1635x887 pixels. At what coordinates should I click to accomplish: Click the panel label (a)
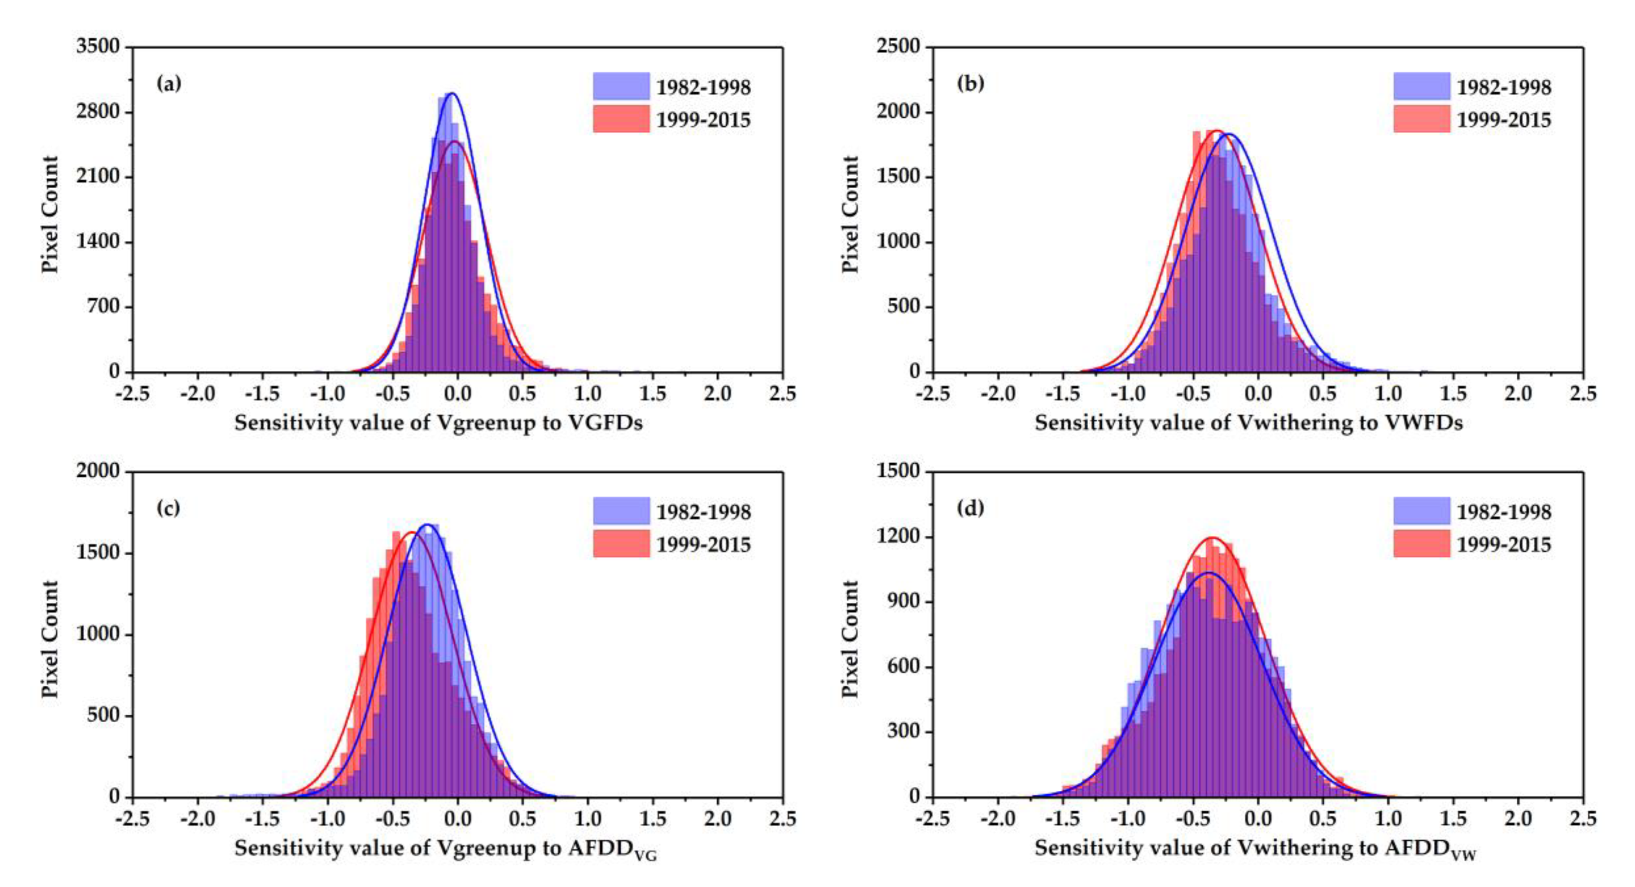[x=169, y=83]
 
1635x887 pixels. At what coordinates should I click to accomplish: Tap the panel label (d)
[x=970, y=508]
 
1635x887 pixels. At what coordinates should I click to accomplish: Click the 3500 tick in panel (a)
[x=97, y=46]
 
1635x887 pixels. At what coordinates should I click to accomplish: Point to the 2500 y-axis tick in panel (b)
[x=897, y=46]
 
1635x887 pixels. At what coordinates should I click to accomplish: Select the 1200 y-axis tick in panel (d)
[x=897, y=537]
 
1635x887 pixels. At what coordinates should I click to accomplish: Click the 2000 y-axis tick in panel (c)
[x=97, y=471]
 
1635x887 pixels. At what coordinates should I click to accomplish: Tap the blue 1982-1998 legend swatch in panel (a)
[x=621, y=87]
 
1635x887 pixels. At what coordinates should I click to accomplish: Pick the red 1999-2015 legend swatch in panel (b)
[x=1421, y=119]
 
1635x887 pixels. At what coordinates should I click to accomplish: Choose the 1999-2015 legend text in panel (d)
[x=1503, y=544]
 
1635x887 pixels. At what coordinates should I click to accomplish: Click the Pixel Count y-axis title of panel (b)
[x=850, y=214]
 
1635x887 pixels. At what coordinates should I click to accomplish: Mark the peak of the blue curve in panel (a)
[x=451, y=93]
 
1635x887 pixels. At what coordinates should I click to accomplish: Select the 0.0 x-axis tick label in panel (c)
[x=457, y=818]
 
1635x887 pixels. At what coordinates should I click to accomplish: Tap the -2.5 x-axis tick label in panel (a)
[x=132, y=394]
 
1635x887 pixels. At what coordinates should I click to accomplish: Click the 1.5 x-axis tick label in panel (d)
[x=1453, y=818]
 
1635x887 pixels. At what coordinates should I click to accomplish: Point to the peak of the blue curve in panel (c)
[x=428, y=524]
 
